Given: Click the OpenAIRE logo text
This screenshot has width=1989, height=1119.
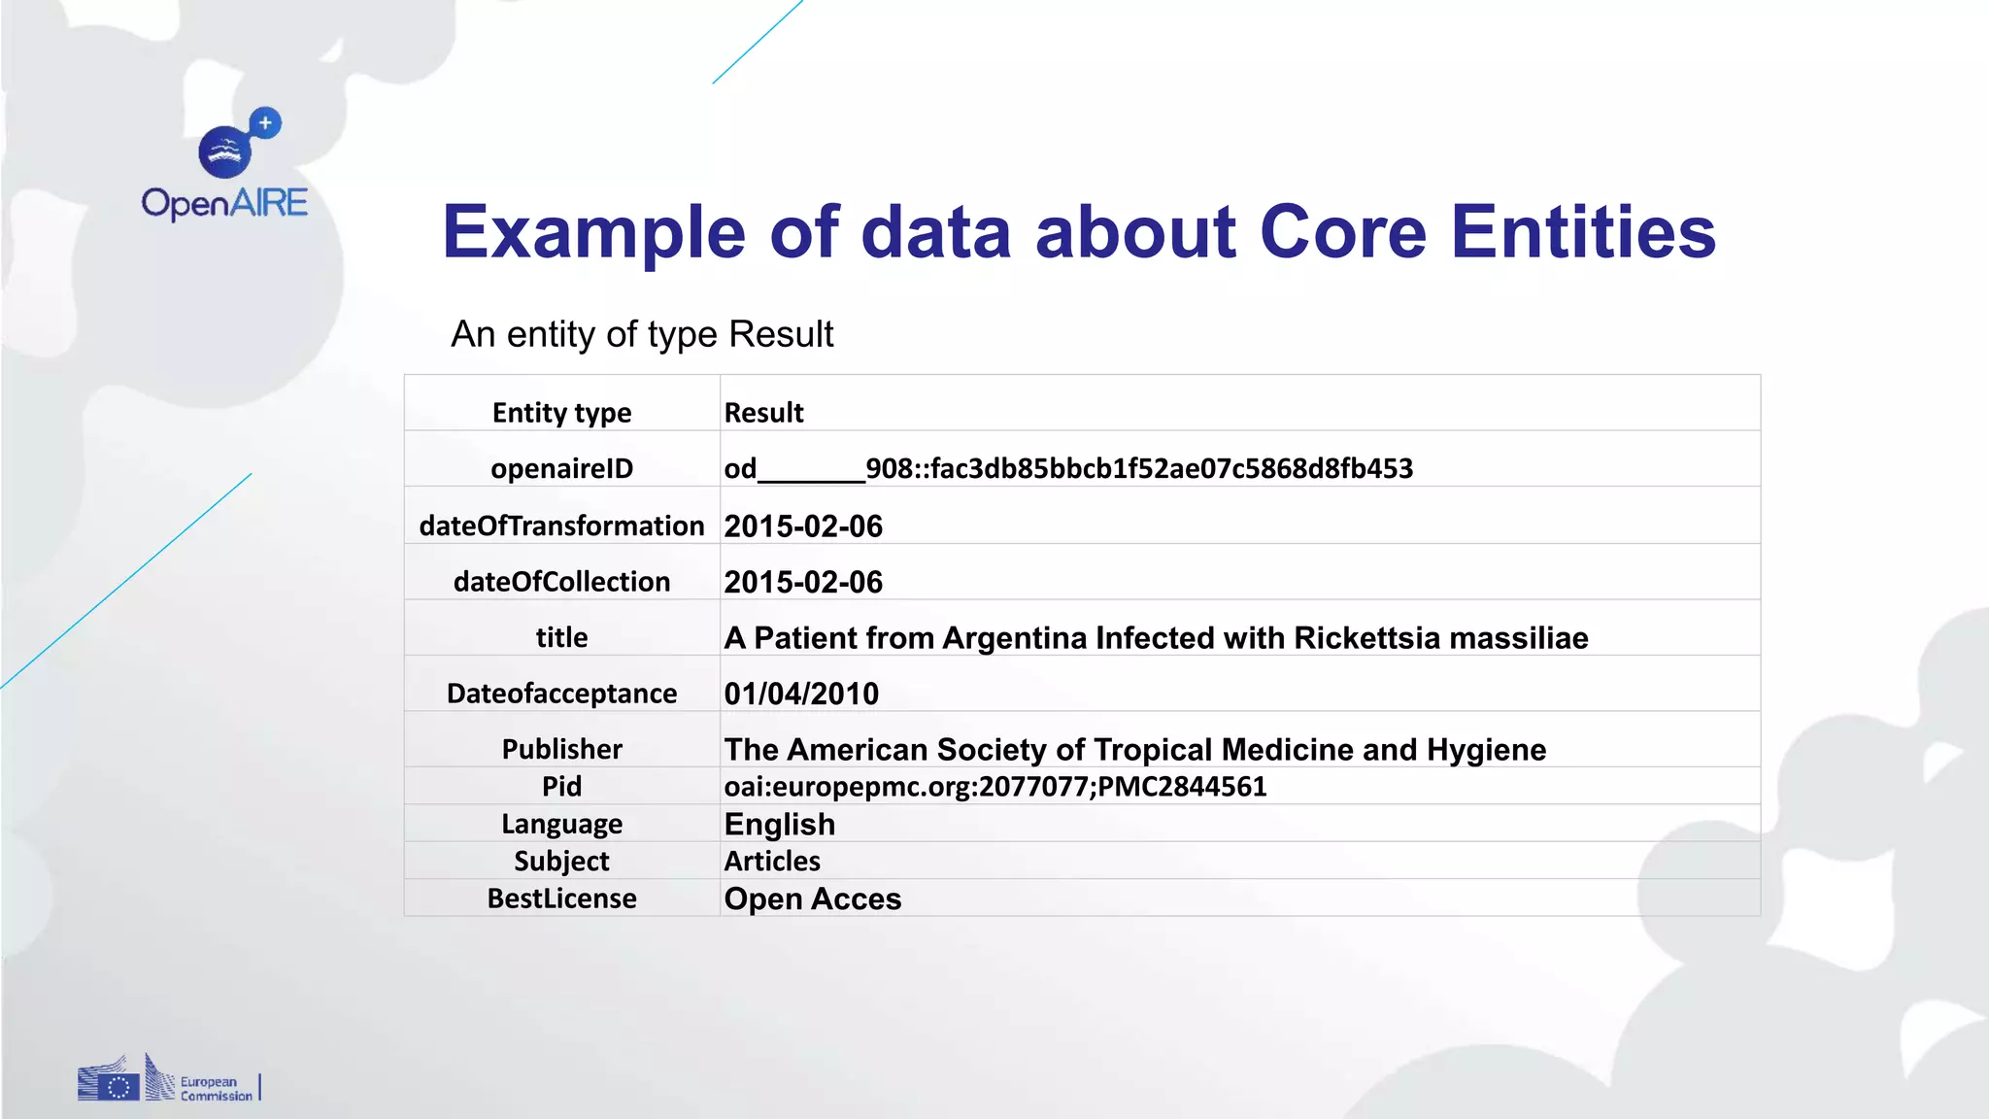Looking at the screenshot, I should click(x=224, y=203).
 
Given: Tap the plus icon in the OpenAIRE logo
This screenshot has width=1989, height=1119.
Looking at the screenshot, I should click(x=265, y=123).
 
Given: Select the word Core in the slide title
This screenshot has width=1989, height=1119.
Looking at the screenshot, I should click(x=1343, y=232).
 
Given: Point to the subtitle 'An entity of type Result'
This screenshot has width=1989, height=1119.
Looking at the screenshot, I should click(x=642, y=334).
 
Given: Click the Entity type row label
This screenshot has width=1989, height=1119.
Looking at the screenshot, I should click(x=561, y=413).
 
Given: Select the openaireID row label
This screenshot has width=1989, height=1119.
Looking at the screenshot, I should click(x=561, y=468).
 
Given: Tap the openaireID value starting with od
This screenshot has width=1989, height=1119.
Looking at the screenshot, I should click(x=1068, y=468).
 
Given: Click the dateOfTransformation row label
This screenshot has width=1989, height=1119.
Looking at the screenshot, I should click(x=561, y=526).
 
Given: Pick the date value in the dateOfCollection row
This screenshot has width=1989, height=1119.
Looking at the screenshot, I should click(x=803, y=582).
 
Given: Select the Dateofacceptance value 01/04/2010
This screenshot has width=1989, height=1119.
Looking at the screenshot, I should click(x=801, y=694).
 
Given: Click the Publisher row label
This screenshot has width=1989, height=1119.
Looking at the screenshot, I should click(x=561, y=749).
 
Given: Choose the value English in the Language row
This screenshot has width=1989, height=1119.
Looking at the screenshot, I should click(x=780, y=824).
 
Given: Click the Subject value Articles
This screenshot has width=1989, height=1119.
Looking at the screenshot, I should click(x=772, y=861).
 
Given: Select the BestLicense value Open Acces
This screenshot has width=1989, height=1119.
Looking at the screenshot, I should click(x=813, y=899).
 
